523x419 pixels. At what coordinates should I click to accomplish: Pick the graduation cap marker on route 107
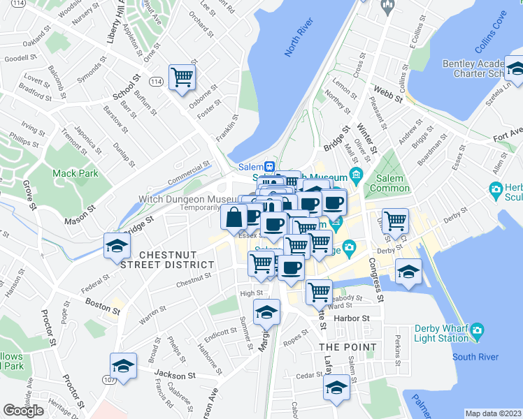123,367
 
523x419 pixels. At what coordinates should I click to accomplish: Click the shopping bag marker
234,216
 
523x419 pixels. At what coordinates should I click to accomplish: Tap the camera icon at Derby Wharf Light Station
478,330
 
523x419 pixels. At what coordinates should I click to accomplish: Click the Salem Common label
389,183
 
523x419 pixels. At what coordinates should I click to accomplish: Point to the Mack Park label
73,172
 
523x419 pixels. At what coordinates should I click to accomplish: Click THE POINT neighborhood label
348,347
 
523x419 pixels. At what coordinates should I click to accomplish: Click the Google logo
23,411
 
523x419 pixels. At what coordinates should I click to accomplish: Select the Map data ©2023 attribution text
493,413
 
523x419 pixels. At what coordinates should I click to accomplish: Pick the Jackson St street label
176,375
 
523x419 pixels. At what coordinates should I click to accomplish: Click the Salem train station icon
268,167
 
